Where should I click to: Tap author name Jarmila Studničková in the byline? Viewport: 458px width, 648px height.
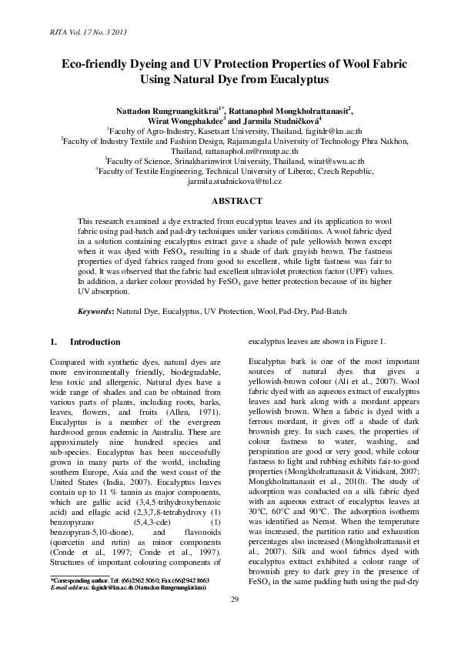click(x=288, y=122)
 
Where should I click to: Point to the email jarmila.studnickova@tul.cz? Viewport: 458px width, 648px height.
click(x=229, y=184)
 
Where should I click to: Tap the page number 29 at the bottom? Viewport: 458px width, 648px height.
click(x=229, y=620)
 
